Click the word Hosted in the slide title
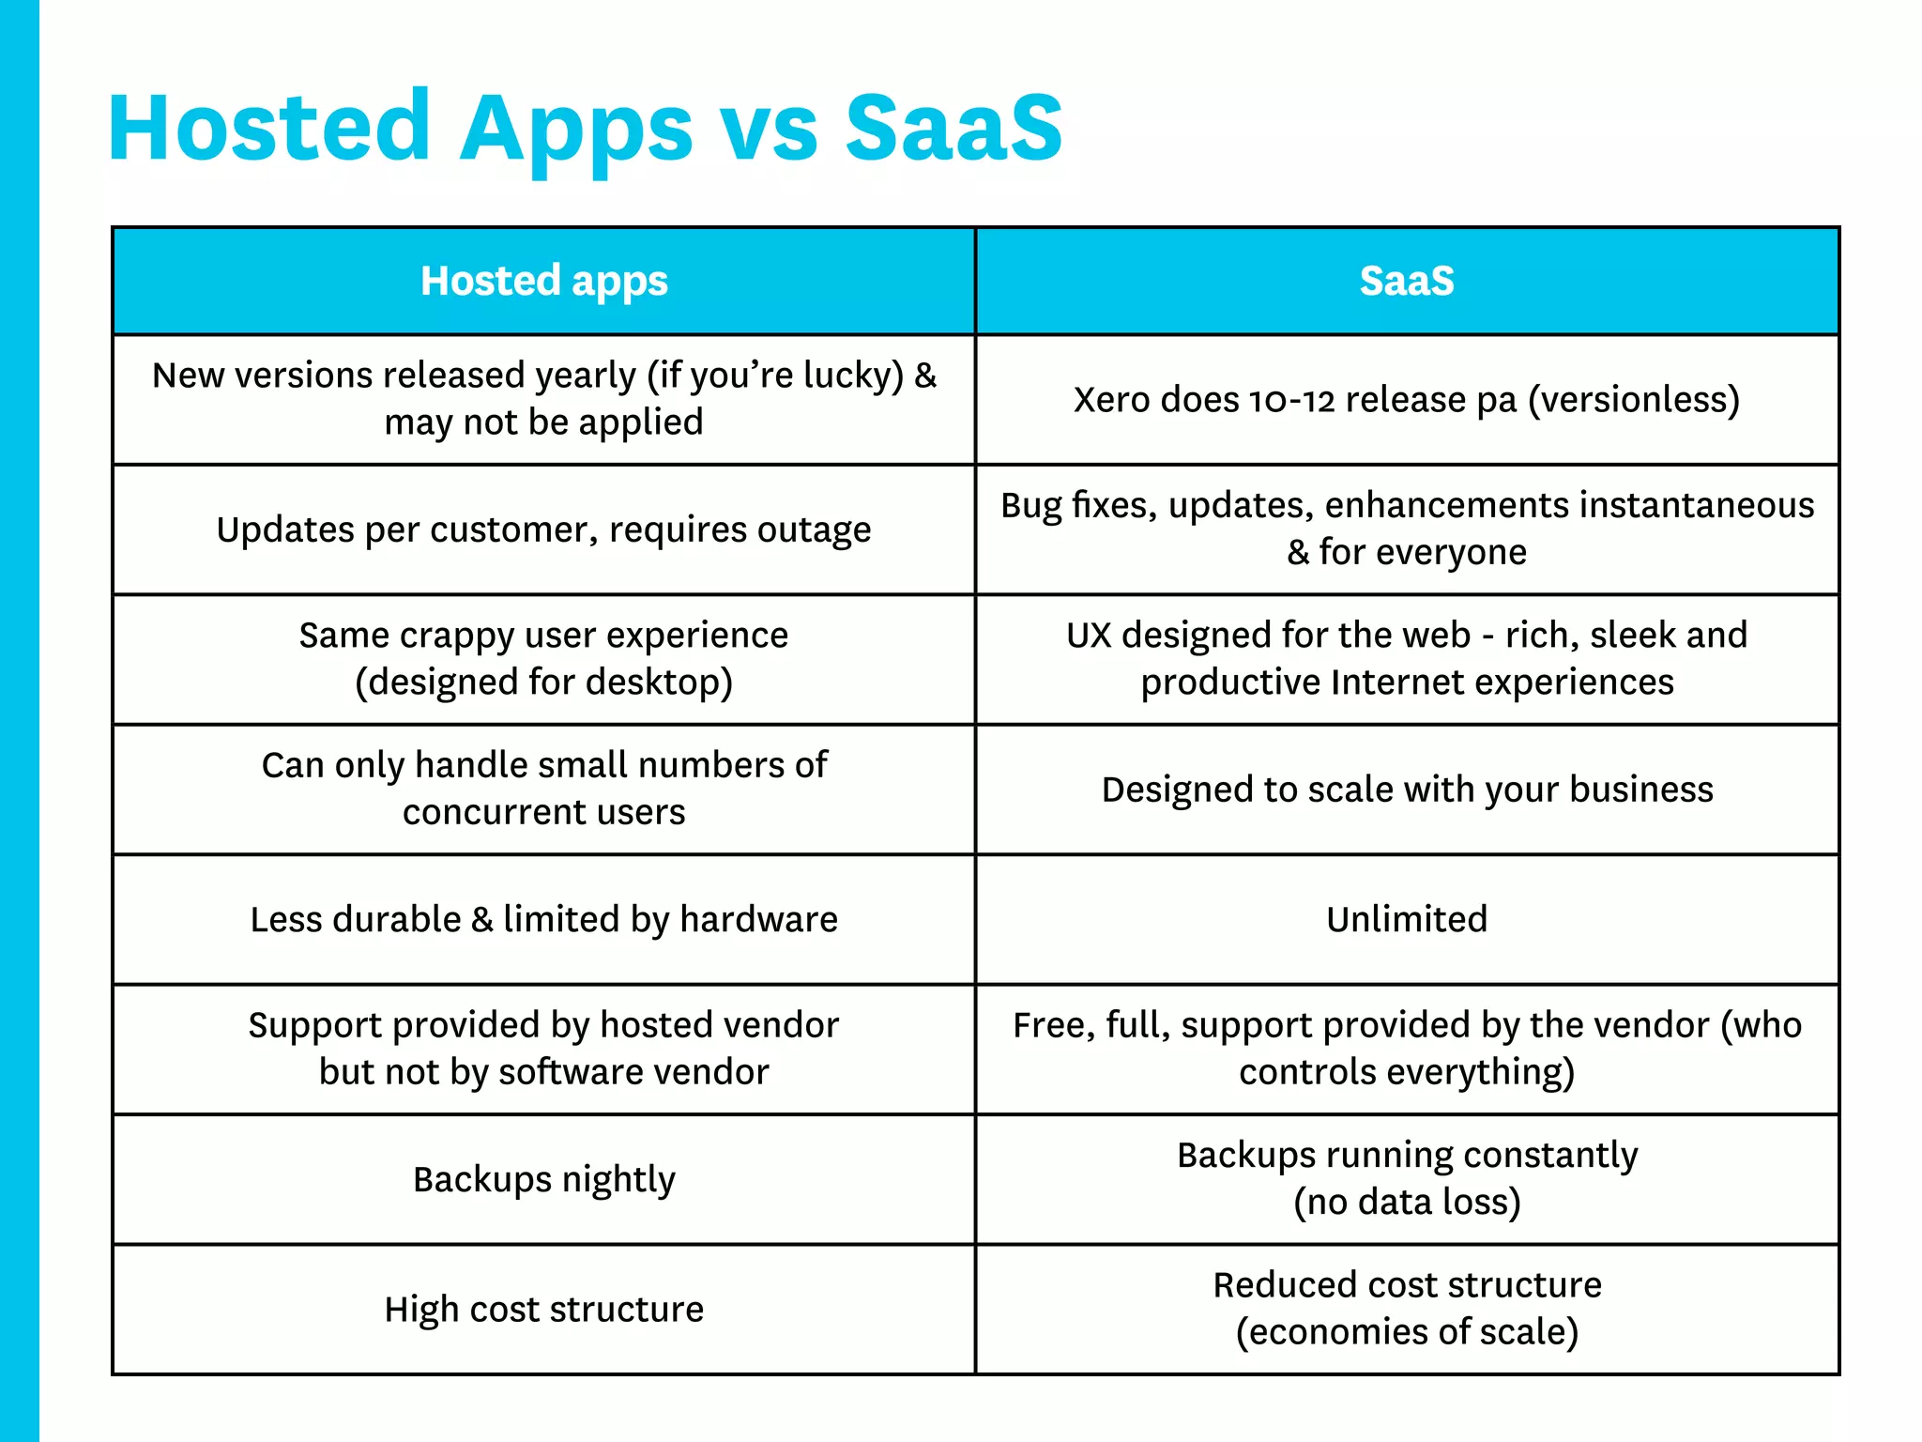click(269, 128)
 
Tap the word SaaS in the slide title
click(953, 128)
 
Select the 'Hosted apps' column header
click(543, 281)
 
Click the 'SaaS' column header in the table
click(1406, 281)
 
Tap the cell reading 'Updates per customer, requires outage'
click(543, 530)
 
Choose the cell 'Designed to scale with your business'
click(1406, 790)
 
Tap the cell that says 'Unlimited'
click(1406, 919)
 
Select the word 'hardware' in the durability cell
click(758, 919)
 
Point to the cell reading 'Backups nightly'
click(543, 1180)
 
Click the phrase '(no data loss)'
click(1406, 1203)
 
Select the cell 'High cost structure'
click(543, 1310)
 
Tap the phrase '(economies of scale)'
click(1406, 1332)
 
